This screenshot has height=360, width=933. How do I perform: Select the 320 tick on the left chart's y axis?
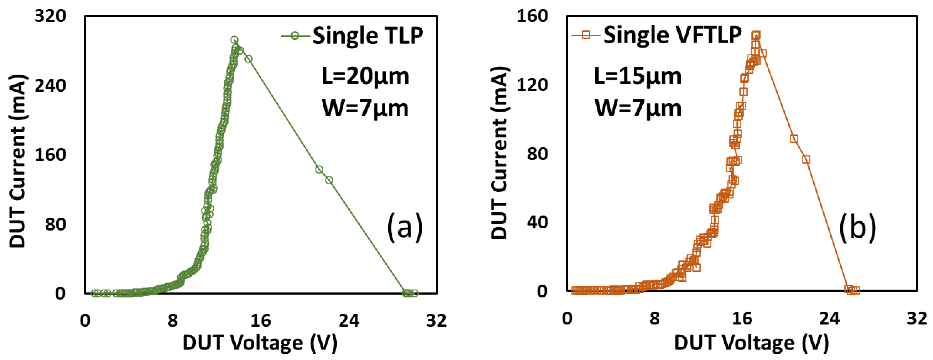point(50,16)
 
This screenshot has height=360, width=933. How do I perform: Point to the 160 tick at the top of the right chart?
point(532,16)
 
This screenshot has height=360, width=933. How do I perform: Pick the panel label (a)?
point(405,227)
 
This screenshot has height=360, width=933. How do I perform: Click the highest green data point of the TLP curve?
point(234,40)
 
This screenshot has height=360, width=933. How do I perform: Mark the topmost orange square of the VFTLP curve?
point(756,36)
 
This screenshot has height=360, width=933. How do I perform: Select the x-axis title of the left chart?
point(260,342)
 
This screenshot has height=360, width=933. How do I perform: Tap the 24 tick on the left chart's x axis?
point(348,320)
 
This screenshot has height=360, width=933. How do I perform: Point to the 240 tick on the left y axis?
point(50,86)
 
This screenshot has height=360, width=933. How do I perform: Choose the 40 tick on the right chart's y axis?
point(537,222)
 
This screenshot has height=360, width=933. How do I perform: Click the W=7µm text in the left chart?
point(365,108)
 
